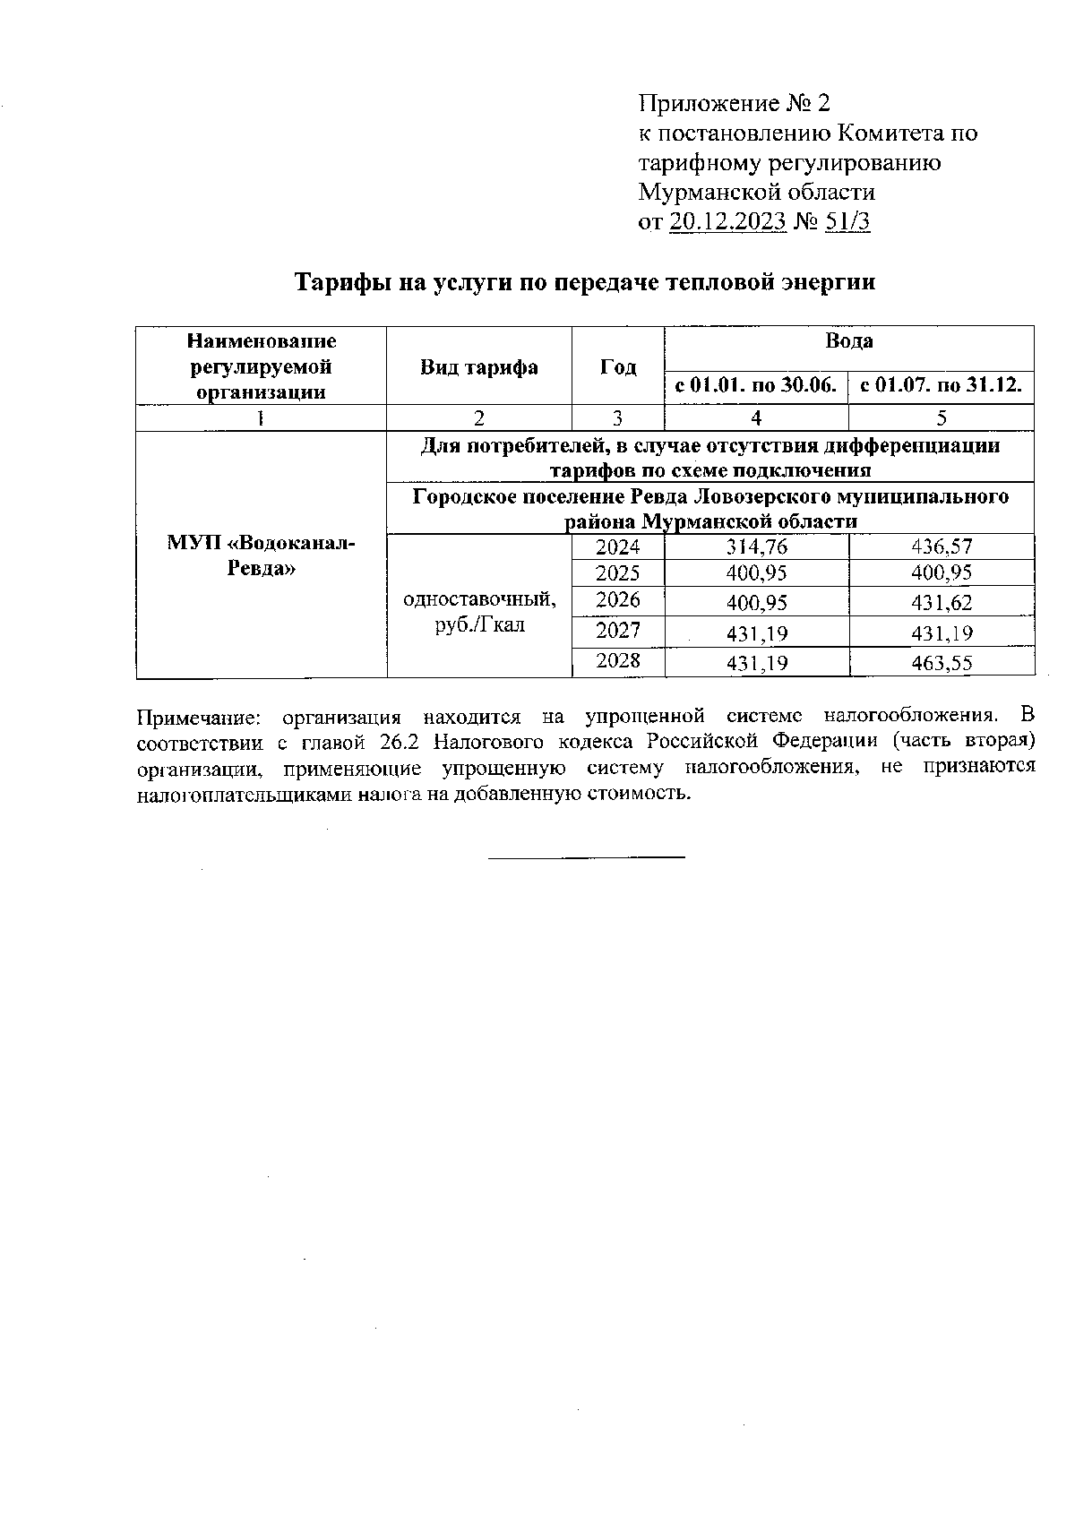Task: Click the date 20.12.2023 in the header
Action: click(x=727, y=221)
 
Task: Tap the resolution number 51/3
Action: click(x=846, y=221)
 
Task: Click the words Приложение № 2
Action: click(x=735, y=104)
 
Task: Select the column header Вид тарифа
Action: click(x=479, y=366)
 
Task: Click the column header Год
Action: click(x=618, y=366)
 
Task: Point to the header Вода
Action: click(x=848, y=341)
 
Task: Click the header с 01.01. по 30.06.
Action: click(x=756, y=386)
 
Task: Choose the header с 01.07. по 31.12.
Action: click(x=941, y=386)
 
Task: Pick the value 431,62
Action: click(x=941, y=603)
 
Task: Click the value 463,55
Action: click(x=941, y=664)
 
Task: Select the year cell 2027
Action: click(x=618, y=631)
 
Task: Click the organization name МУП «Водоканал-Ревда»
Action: click(x=261, y=556)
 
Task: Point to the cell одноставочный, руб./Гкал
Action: click(x=479, y=612)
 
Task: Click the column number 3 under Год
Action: click(x=618, y=418)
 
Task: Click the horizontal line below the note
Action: click(x=587, y=857)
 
